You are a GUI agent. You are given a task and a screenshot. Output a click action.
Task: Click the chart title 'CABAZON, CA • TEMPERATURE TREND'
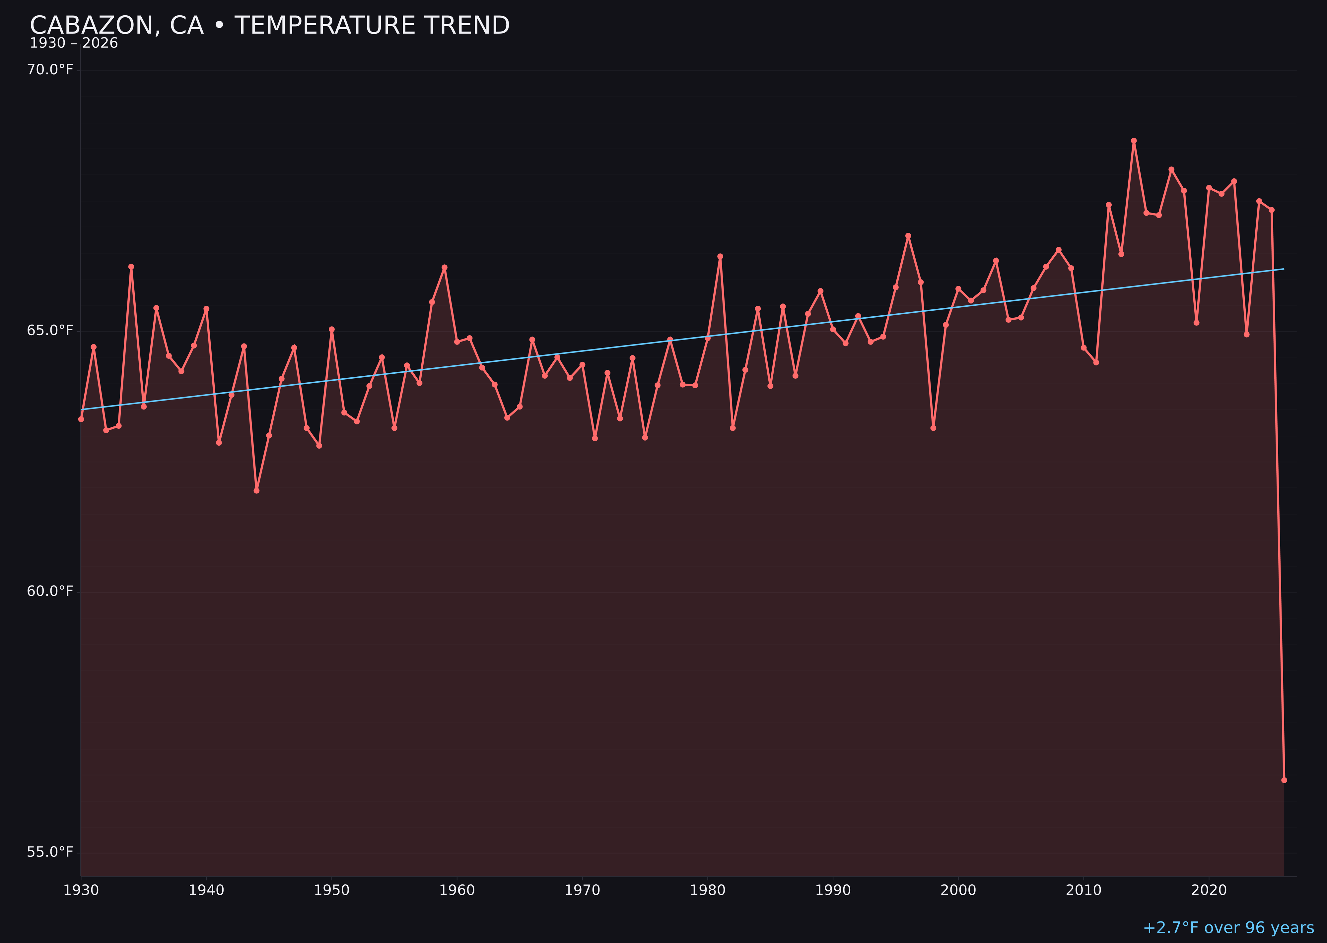point(270,26)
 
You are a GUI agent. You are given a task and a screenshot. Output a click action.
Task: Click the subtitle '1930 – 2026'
point(74,43)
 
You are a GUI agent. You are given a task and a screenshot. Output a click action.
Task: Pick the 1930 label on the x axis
point(81,890)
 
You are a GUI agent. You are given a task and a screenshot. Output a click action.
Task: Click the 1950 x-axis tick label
point(332,890)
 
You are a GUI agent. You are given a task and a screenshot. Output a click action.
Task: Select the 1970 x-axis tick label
point(582,890)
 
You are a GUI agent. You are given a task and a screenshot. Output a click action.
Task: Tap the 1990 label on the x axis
point(833,890)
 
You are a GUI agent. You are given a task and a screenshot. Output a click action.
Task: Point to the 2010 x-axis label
point(1083,890)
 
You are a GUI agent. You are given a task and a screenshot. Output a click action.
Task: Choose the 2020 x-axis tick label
point(1209,890)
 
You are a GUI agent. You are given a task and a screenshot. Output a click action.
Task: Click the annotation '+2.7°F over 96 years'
point(1228,928)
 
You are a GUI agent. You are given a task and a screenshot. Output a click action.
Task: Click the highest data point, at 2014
point(1134,141)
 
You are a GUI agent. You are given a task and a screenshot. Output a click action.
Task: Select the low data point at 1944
point(256,491)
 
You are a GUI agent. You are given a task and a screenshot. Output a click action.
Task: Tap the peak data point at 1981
point(720,256)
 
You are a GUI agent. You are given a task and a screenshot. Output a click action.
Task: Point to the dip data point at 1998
point(933,428)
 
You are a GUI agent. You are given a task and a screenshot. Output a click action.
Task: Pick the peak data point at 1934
point(131,267)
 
